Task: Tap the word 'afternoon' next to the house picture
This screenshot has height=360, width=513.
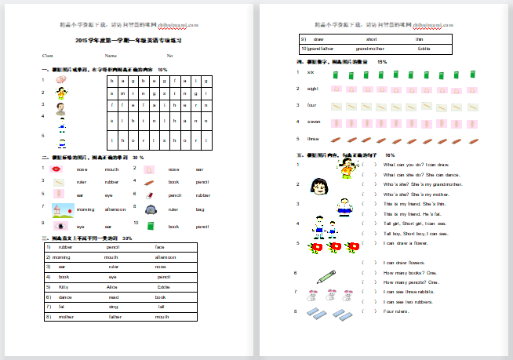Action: [112, 209]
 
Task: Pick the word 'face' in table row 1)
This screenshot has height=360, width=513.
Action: [160, 247]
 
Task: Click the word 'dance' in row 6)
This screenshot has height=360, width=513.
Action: [64, 297]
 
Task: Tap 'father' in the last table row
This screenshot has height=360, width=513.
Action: [115, 317]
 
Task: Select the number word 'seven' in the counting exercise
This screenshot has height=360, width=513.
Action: [312, 122]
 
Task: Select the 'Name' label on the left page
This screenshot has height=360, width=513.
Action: [111, 56]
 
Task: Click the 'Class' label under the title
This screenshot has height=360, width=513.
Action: [48, 56]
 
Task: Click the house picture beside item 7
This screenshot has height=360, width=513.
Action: [61, 209]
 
